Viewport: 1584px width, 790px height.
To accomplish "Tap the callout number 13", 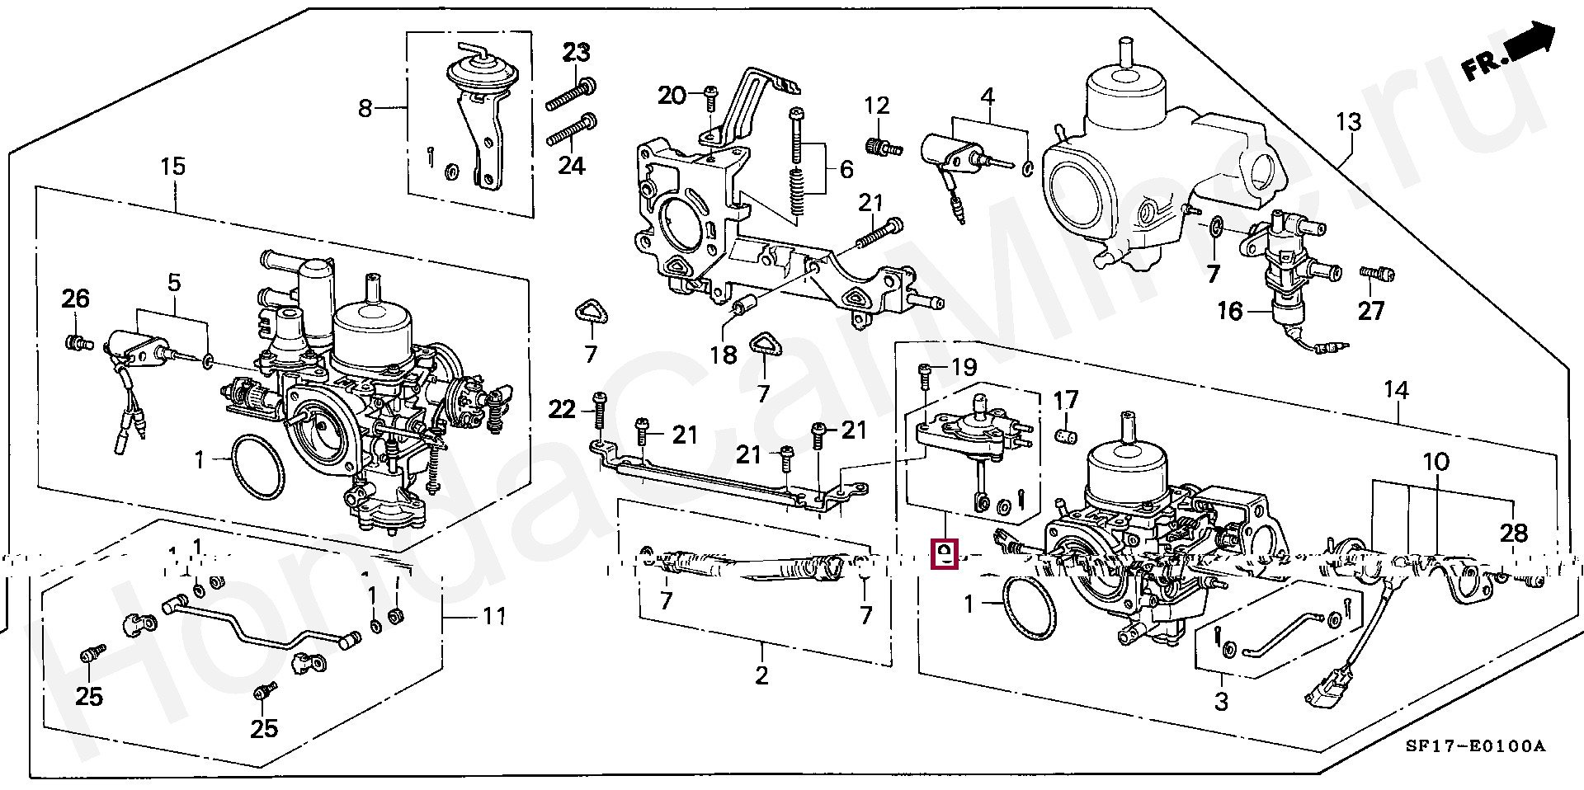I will point(1348,123).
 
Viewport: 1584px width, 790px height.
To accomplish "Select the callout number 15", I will point(172,167).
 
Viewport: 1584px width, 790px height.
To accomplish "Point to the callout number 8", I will point(365,108).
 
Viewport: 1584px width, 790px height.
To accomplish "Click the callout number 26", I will point(75,299).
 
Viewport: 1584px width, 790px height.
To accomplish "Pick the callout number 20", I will point(672,96).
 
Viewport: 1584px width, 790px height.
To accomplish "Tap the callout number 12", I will point(876,106).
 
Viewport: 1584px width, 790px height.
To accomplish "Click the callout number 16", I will point(1229,311).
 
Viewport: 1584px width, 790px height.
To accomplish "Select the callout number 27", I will point(1370,311).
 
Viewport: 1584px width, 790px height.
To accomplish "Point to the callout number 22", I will point(562,409).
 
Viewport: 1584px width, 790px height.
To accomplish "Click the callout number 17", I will point(1066,401).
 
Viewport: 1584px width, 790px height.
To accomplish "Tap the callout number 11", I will point(494,616).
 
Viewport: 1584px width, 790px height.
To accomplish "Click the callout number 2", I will point(761,675).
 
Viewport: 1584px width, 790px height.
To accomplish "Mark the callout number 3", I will point(1221,702).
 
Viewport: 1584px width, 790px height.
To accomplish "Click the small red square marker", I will point(944,553).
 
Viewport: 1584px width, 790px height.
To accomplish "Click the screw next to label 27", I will point(1376,273).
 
